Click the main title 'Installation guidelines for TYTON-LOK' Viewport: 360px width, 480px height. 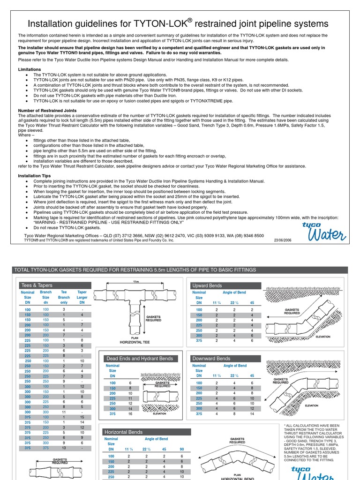(x=178, y=23)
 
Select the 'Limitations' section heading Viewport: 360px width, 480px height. (x=30, y=69)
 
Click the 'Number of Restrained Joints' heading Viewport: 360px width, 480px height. (x=47, y=111)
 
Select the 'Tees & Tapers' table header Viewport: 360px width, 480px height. (x=37, y=285)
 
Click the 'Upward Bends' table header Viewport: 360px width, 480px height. (x=207, y=285)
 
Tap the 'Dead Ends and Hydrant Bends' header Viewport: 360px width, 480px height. (x=139, y=359)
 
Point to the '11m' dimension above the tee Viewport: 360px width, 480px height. (x=136, y=282)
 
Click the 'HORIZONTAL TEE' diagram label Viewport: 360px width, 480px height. (x=135, y=343)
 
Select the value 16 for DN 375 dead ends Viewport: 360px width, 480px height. (x=130, y=414)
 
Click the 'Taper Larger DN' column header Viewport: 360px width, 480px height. (x=82, y=297)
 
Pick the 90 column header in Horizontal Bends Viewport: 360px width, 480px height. (x=182, y=449)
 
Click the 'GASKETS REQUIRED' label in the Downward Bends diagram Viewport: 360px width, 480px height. (x=281, y=381)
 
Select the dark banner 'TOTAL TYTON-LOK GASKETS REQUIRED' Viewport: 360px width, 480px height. (x=135, y=270)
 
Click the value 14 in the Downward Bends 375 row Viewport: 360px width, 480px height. (x=252, y=414)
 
